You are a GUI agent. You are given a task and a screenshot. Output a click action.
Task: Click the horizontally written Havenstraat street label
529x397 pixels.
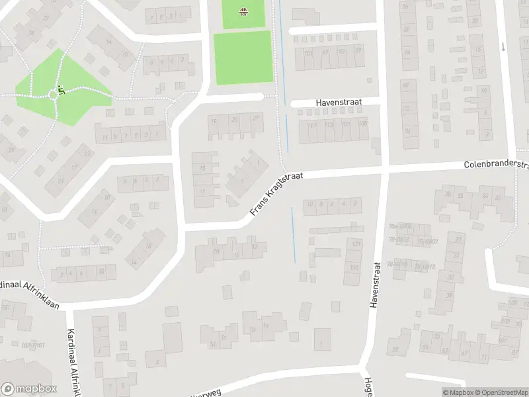click(338, 103)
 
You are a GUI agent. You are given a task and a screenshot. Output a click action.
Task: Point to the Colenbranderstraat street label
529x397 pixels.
click(496, 164)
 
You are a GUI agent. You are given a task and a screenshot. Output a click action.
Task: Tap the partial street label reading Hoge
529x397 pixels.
click(368, 388)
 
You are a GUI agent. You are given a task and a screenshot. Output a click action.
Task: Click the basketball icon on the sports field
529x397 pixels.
click(243, 11)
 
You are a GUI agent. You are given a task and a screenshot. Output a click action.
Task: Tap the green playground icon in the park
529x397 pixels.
click(61, 89)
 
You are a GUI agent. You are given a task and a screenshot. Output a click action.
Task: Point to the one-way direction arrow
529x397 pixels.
click(503, 47)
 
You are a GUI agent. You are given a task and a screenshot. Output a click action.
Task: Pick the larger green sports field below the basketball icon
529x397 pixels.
click(243, 58)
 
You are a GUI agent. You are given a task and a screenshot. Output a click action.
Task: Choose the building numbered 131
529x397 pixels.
click(356, 245)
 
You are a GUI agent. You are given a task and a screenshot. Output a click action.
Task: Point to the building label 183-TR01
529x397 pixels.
click(31, 345)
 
